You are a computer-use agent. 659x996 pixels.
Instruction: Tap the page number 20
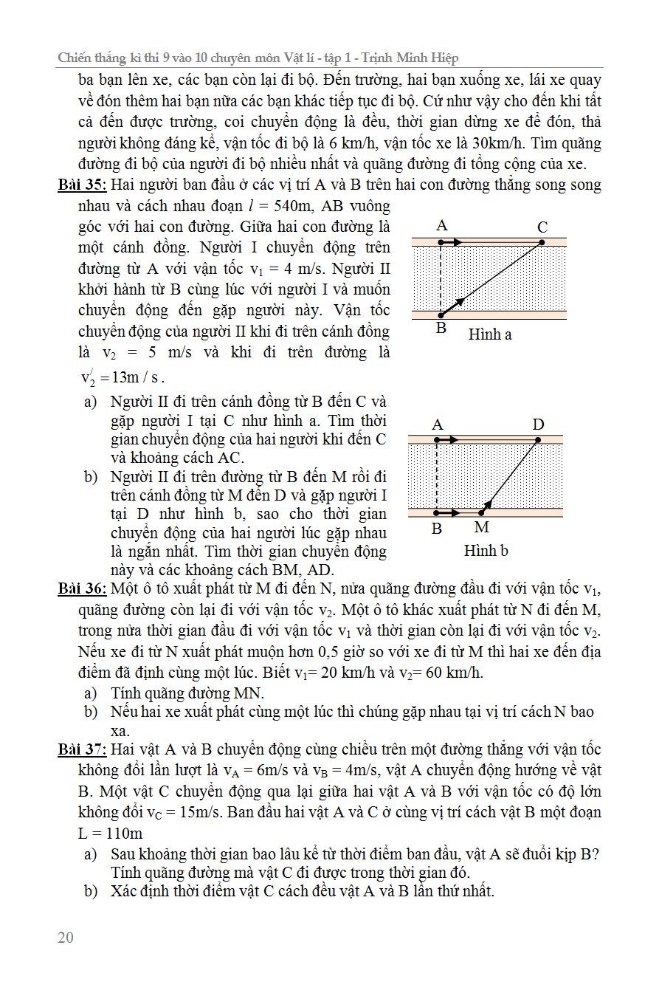coord(66,938)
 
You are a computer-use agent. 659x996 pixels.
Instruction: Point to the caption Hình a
coord(490,334)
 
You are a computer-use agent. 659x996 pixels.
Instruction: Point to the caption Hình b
coord(486,551)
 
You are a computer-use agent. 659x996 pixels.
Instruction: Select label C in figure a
coord(542,227)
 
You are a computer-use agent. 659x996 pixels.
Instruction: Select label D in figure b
coord(538,425)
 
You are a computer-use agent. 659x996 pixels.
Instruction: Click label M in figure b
coord(481,528)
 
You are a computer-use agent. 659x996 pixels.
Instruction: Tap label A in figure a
coord(442,225)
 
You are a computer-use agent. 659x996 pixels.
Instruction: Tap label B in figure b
coord(437,529)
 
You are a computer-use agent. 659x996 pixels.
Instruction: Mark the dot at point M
coord(482,512)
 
